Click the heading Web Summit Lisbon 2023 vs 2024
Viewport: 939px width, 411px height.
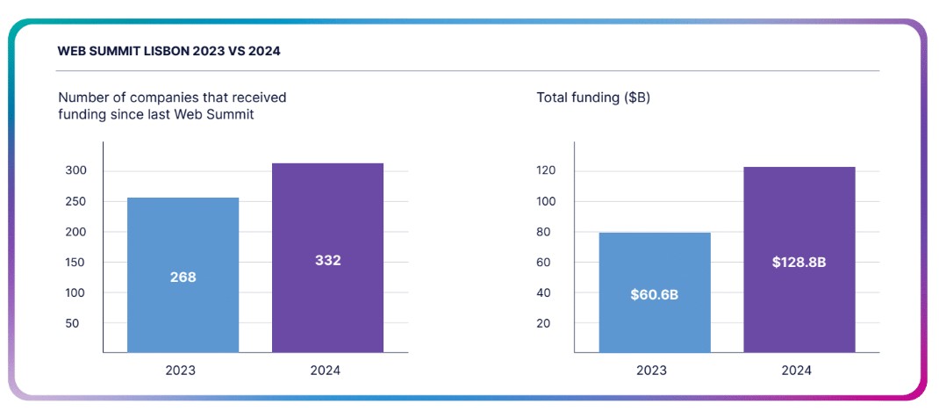coord(169,51)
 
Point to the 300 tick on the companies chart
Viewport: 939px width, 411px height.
coord(76,170)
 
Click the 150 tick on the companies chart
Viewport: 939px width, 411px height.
coord(76,263)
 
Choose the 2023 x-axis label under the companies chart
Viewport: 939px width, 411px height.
coord(181,371)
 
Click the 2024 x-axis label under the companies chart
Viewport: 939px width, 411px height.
coord(326,371)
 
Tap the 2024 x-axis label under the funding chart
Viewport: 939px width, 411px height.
coord(797,371)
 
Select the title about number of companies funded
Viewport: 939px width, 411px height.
coord(172,106)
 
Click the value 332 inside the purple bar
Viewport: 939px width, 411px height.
coord(328,261)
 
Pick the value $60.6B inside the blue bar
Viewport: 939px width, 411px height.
coord(655,294)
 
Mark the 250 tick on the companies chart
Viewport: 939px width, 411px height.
coord(76,201)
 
